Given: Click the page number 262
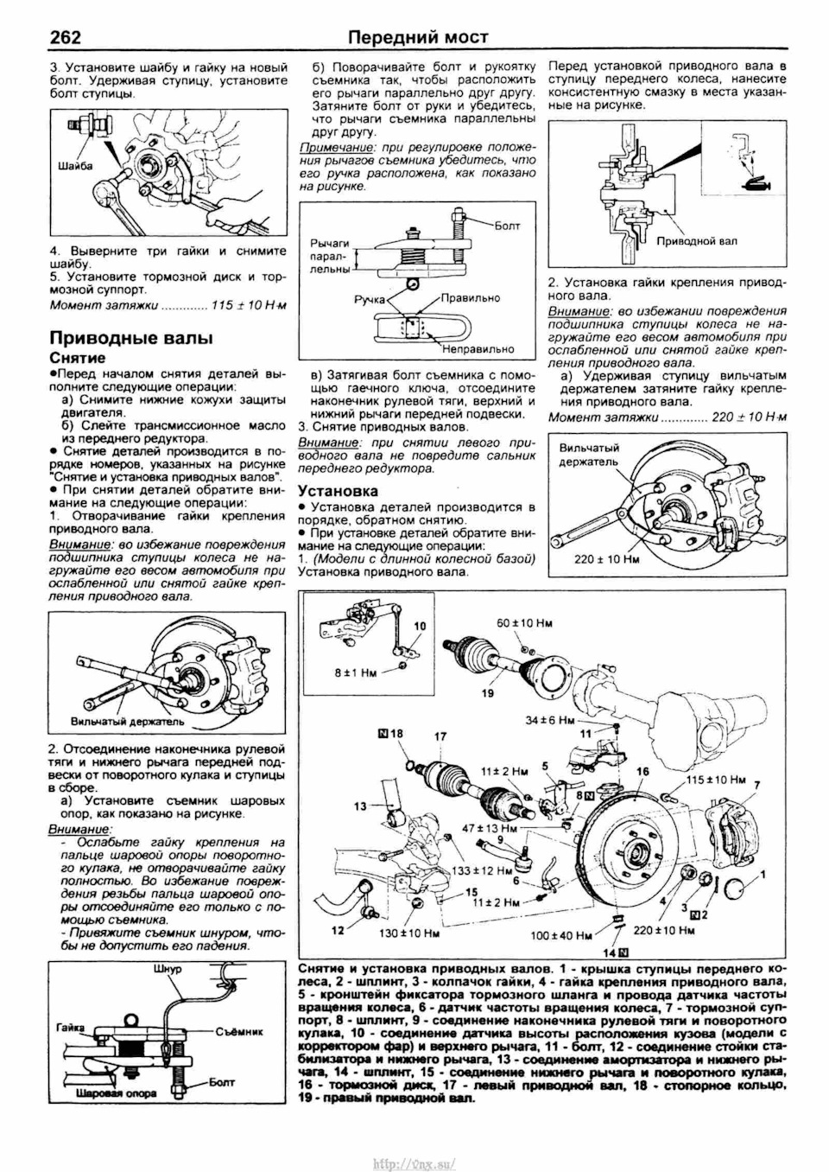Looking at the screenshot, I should (x=65, y=36).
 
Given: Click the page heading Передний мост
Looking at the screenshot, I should (x=418, y=36).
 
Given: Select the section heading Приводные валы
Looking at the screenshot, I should (x=130, y=337).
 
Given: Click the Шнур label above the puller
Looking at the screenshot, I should (x=168, y=969).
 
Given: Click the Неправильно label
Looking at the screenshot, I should (x=478, y=349).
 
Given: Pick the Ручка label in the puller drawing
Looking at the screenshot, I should (x=369, y=299).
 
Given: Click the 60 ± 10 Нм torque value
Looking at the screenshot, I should (x=524, y=623).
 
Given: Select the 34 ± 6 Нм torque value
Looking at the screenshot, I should (x=550, y=719).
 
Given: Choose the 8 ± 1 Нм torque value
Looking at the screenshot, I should (x=356, y=672).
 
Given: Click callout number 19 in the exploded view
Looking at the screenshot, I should (x=488, y=693).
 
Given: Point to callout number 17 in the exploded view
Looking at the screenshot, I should (x=440, y=736).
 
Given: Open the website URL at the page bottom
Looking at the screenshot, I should (x=414, y=1163).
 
